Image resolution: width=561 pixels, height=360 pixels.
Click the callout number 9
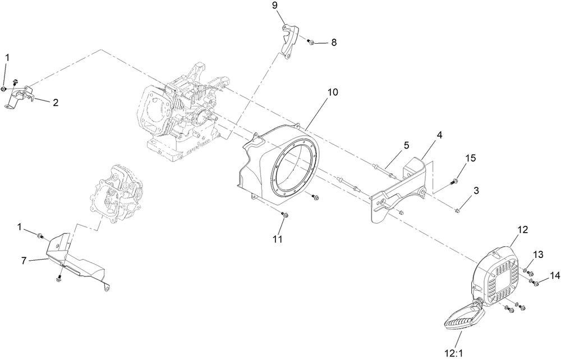point(275,6)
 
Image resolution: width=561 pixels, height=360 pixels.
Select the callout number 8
point(334,42)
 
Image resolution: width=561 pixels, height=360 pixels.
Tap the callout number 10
point(333,93)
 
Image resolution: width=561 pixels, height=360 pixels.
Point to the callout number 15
point(471,159)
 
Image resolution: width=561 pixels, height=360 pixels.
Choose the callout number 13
point(538,255)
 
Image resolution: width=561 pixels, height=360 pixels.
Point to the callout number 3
point(476,192)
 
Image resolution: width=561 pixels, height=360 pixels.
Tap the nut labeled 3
point(458,210)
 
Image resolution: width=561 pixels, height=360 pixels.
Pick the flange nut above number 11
point(285,216)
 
